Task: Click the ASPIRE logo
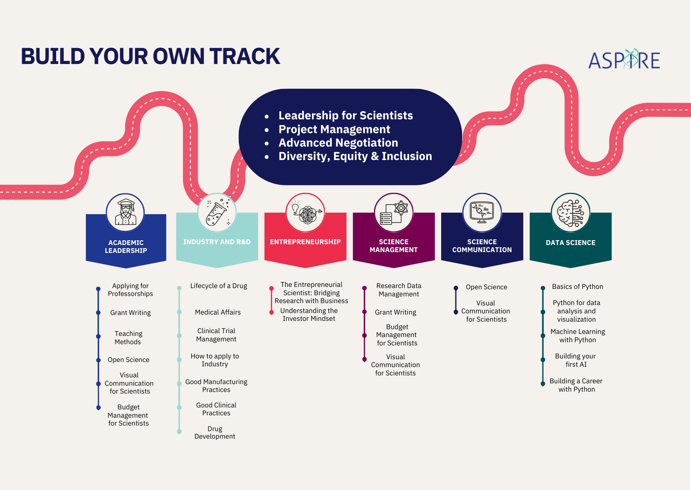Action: pyautogui.click(x=624, y=60)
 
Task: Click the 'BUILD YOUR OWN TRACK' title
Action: pyautogui.click(x=150, y=56)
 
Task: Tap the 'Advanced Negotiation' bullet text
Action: pyautogui.click(x=338, y=143)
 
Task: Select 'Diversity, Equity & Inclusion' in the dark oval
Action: pyautogui.click(x=355, y=156)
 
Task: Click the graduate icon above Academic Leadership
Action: pyautogui.click(x=125, y=212)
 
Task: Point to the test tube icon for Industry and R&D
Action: pyautogui.click(x=217, y=212)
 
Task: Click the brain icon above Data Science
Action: pyautogui.click(x=570, y=213)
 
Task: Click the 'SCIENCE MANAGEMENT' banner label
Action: pyautogui.click(x=394, y=246)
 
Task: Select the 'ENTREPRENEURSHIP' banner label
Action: pyautogui.click(x=305, y=242)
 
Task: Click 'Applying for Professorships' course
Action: pyautogui.click(x=130, y=290)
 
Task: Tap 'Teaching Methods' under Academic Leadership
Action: pyautogui.click(x=128, y=338)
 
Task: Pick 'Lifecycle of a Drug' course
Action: pyautogui.click(x=219, y=286)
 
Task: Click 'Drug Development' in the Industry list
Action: pyautogui.click(x=215, y=432)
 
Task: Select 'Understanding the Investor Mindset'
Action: pyautogui.click(x=309, y=315)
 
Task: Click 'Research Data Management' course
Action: pyautogui.click(x=399, y=290)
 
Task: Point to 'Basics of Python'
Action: pyautogui.click(x=578, y=286)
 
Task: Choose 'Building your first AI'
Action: pyautogui.click(x=576, y=360)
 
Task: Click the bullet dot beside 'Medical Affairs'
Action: pyautogui.click(x=179, y=312)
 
